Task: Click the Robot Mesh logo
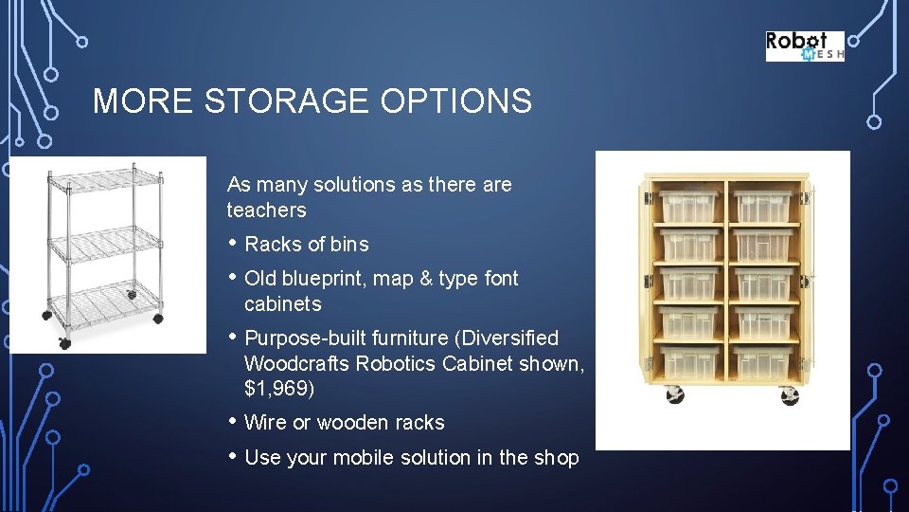point(804,46)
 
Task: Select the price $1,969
point(279,389)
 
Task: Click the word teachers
point(266,210)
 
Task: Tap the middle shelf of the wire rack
point(106,242)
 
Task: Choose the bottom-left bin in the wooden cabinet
point(686,361)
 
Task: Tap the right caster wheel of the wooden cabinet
point(789,394)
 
